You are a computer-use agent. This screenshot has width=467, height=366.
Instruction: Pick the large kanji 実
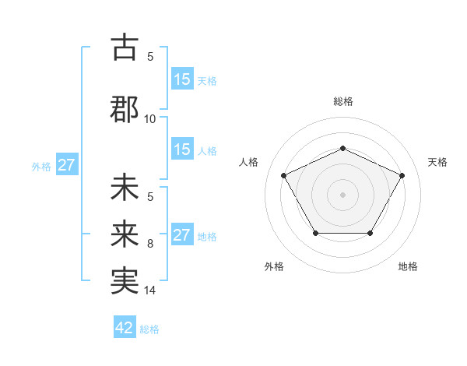point(125,280)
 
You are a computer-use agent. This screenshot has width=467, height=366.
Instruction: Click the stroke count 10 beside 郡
point(150,118)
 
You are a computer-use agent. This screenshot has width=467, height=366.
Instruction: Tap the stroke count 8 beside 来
point(150,244)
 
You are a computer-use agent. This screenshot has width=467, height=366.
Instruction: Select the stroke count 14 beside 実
point(150,290)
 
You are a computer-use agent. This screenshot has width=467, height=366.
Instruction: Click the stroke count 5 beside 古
point(150,56)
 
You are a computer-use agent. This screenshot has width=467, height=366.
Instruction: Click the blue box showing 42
point(125,328)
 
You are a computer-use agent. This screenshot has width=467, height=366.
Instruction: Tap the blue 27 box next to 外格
point(66,165)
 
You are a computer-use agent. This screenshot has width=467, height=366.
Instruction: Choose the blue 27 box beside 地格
point(181,235)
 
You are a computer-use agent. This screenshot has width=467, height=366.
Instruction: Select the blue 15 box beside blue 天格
point(182,79)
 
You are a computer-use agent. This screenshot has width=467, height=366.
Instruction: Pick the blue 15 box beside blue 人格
point(182,150)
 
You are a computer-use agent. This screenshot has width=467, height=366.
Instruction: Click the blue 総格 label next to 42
point(149,329)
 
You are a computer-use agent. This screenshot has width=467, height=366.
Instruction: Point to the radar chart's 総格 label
point(342,101)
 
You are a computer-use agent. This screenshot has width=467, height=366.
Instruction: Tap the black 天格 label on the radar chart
point(437,162)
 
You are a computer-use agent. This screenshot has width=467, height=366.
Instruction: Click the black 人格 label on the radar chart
point(248,162)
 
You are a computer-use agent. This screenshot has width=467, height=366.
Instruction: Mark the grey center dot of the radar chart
point(342,194)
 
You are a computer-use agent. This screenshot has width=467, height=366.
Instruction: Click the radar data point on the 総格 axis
point(342,148)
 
